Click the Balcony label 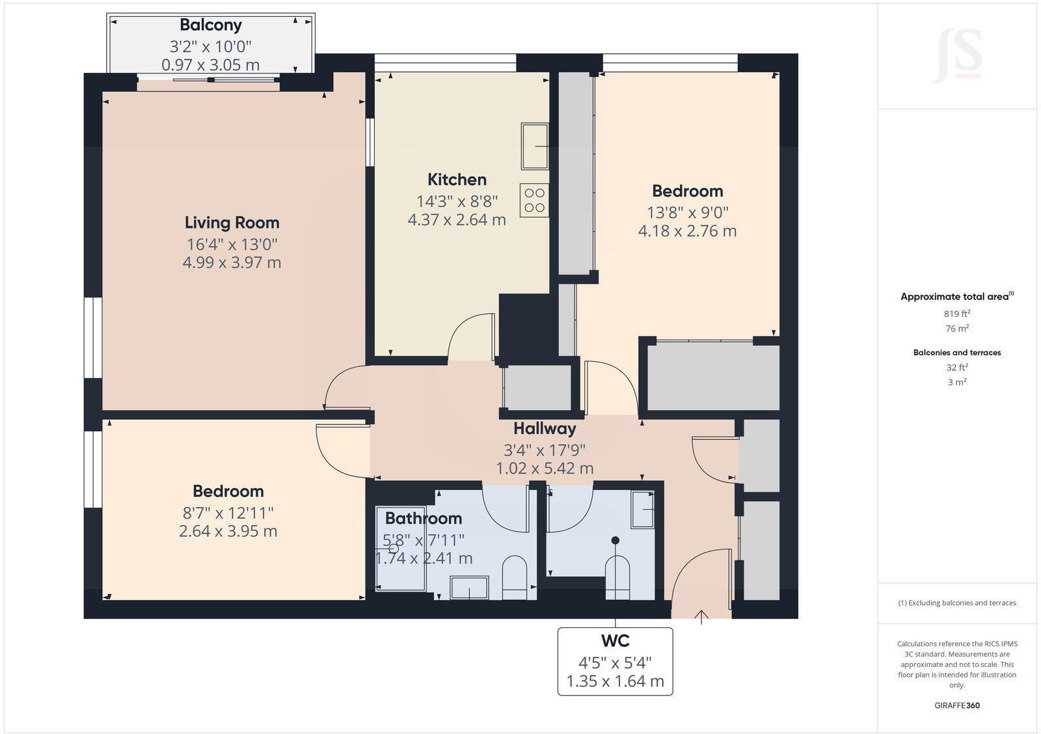211,25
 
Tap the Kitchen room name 457,180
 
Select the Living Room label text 232,223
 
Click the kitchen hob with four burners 534,200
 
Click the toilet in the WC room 617,577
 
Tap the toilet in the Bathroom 515,577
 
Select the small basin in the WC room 643,510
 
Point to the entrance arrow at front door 701,616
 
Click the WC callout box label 615,641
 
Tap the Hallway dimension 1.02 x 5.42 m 545,469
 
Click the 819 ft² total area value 957,314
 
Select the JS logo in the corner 957,57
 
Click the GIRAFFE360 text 957,705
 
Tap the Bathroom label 424,519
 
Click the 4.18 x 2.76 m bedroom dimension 687,231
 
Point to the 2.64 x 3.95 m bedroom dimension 228,532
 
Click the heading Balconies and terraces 957,353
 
